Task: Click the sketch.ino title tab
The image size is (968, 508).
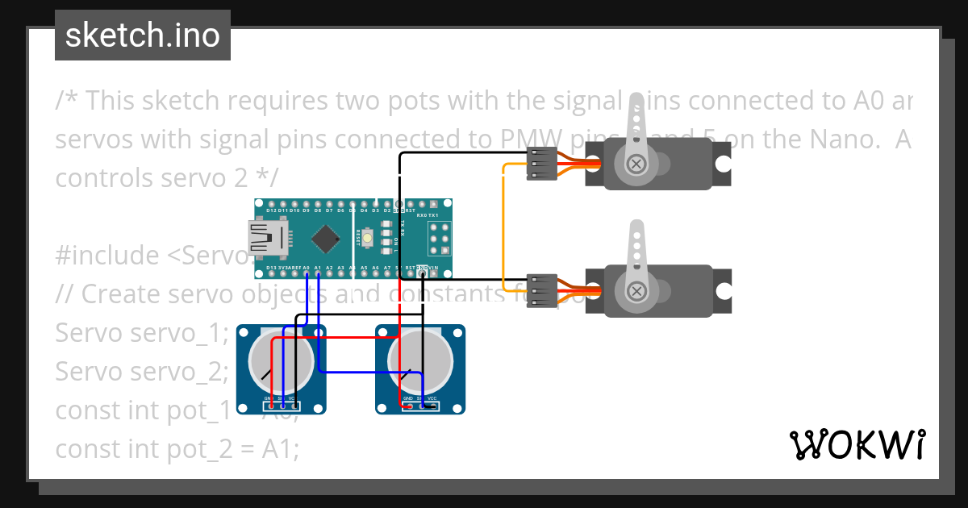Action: [143, 35]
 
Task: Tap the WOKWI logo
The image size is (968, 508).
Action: [857, 444]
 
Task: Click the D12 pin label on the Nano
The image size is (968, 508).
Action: [271, 210]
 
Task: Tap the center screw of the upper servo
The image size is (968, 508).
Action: [637, 164]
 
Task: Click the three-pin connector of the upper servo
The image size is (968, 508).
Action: [542, 164]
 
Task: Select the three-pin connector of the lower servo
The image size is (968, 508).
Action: [542, 290]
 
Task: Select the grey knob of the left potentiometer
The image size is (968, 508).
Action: [281, 360]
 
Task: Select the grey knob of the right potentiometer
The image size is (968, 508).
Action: [419, 360]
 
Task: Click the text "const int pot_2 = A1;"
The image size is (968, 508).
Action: [177, 449]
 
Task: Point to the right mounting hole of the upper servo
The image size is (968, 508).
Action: [723, 164]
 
